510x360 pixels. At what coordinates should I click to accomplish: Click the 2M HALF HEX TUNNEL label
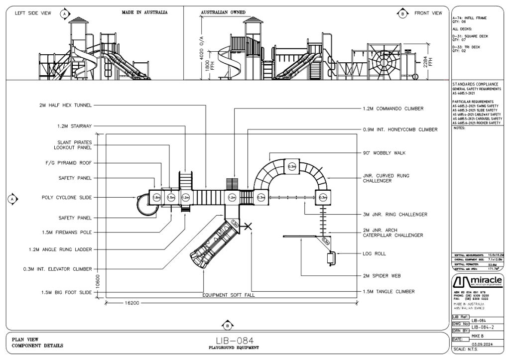(x=66, y=106)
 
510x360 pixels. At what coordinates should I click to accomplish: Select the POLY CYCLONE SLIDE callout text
(x=67, y=198)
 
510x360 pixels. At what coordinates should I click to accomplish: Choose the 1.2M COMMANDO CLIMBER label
(x=393, y=108)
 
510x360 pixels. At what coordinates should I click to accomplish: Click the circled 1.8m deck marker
(x=156, y=198)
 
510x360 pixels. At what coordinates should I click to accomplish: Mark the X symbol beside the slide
(x=249, y=227)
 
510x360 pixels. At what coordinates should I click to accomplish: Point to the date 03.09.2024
(x=482, y=343)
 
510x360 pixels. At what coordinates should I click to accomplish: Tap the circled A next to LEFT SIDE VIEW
(x=64, y=13)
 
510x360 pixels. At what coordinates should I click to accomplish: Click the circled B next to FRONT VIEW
(x=402, y=13)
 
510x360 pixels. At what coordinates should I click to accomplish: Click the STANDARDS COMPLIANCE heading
(x=475, y=84)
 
